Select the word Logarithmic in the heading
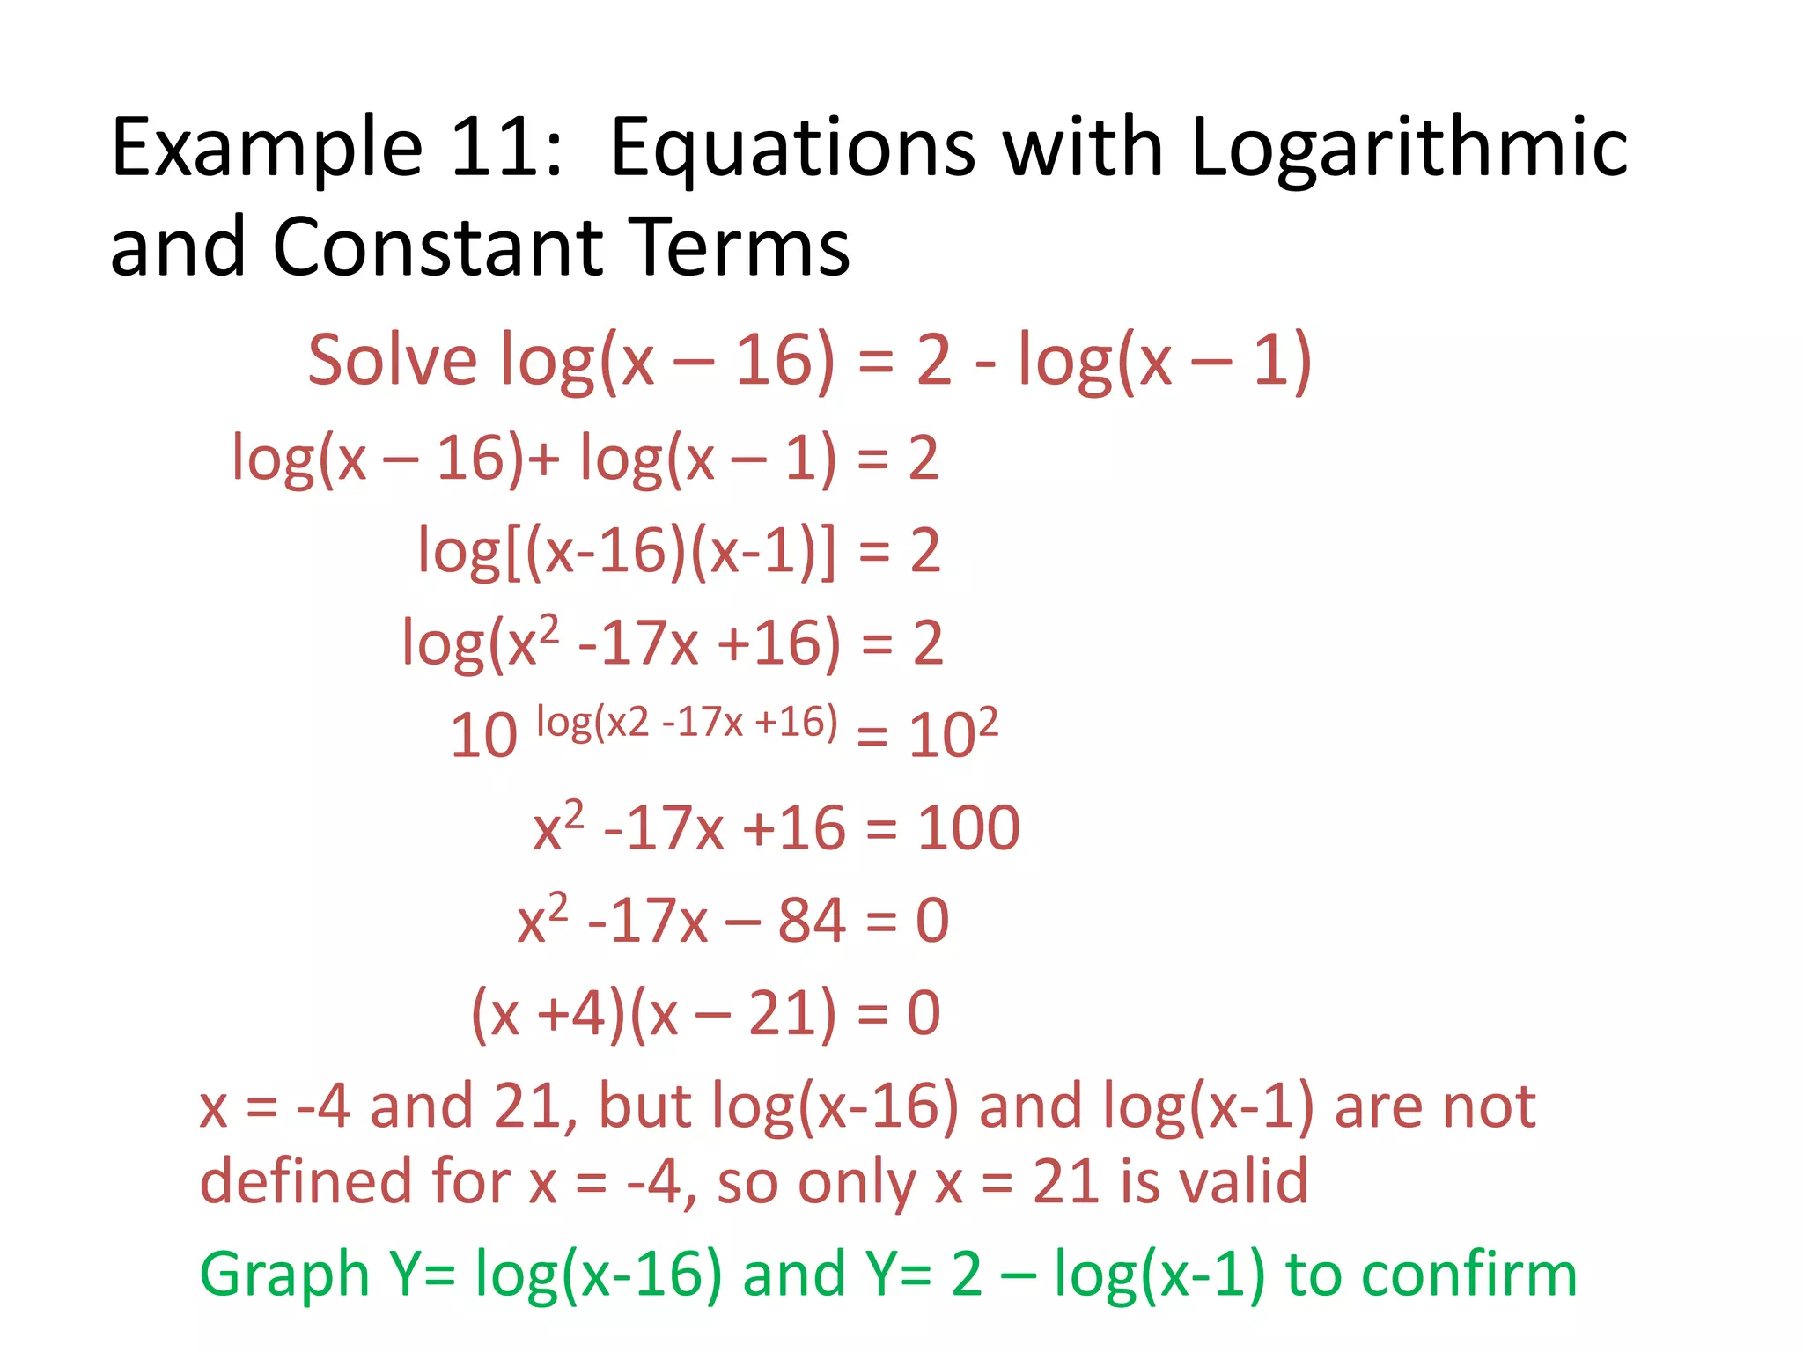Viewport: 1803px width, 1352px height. click(1409, 148)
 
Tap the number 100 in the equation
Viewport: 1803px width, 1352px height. click(968, 828)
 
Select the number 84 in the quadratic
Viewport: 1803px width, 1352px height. click(811, 921)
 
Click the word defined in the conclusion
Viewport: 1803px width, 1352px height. click(305, 1181)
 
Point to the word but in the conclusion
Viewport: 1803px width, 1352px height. click(644, 1106)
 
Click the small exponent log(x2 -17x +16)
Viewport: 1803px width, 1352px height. click(687, 723)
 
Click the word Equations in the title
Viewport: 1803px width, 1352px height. click(792, 148)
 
